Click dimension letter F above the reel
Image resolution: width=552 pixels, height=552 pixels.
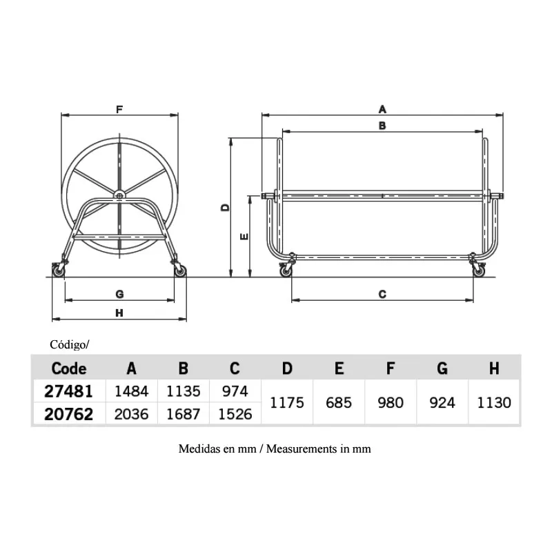119,110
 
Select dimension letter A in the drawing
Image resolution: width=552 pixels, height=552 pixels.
382,110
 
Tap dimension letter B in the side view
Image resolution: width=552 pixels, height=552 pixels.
382,126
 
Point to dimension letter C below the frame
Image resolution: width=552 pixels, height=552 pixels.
382,294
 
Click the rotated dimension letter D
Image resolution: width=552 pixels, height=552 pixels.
225,208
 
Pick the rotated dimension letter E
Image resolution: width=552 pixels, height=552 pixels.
244,237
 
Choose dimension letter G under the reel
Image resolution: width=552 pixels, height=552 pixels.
119,294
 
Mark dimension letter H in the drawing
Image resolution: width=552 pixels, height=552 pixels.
119,313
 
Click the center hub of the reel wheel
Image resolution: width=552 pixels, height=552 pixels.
119,195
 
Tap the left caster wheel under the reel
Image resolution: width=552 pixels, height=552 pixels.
59,271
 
